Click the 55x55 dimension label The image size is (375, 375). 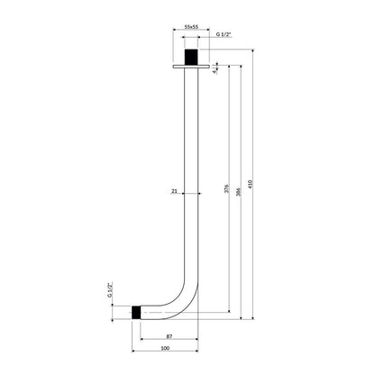191,27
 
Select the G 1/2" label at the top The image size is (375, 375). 224,34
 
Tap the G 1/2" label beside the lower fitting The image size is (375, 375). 110,289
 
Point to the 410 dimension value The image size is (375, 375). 251,184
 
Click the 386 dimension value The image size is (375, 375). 239,192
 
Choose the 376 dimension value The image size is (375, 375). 227,188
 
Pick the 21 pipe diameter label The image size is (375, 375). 174,191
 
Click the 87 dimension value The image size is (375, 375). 169,336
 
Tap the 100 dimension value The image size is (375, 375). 165,348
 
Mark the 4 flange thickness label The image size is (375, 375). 214,71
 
